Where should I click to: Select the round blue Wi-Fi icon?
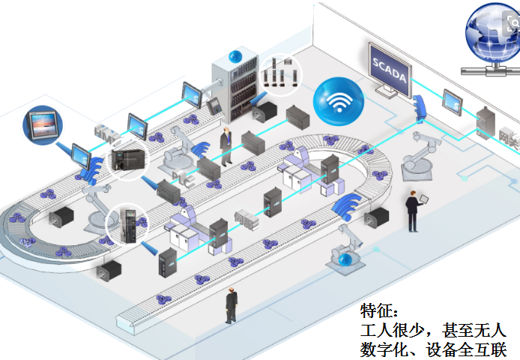[x=337, y=100]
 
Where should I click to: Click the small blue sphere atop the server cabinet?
[x=235, y=55]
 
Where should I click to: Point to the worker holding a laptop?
[x=413, y=209]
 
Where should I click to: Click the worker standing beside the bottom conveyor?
[x=231, y=305]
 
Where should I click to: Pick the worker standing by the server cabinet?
[x=226, y=141]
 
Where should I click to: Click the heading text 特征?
[x=381, y=310]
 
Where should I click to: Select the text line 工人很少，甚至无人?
[x=434, y=330]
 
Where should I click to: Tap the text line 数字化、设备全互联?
[x=434, y=349]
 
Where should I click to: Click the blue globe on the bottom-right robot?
[x=345, y=259]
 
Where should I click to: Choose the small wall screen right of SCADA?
[x=455, y=99]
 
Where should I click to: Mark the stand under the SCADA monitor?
[x=389, y=92]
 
